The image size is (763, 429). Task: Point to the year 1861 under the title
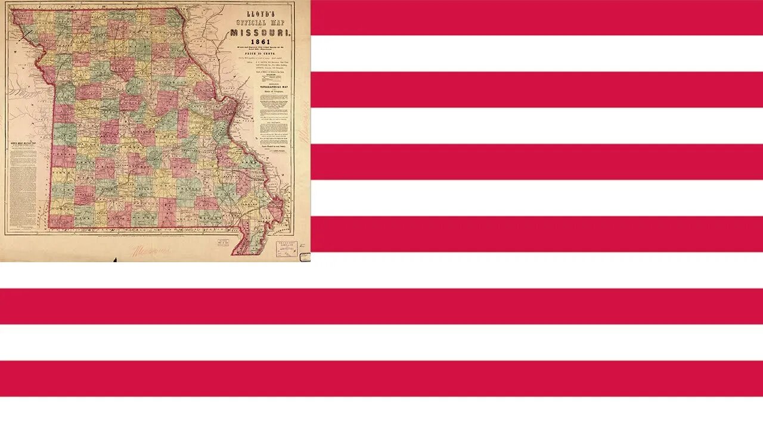point(260,42)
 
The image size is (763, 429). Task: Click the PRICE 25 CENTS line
point(260,54)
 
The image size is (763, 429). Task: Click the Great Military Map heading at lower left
point(23,144)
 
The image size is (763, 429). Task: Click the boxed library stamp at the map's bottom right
point(286,248)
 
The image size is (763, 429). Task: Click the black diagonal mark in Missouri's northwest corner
point(25,34)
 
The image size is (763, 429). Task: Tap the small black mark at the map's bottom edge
point(115,259)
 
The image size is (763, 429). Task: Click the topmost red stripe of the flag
point(536,17)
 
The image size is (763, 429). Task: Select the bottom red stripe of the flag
point(381,378)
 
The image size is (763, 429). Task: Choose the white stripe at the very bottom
point(381,413)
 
